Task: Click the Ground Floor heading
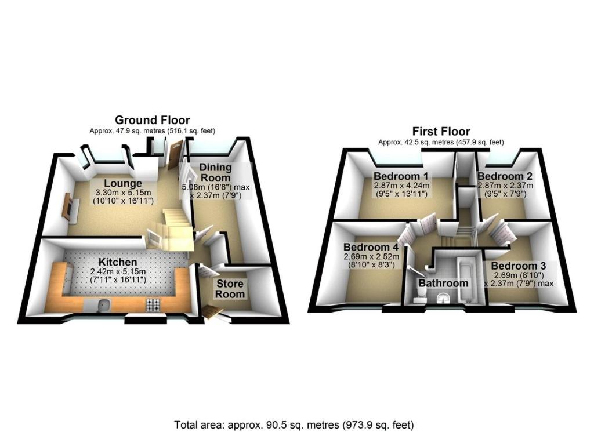click(153, 120)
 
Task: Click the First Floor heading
click(441, 132)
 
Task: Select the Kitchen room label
click(118, 262)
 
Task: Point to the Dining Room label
click(216, 172)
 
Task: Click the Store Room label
click(230, 289)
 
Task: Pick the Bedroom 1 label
click(401, 176)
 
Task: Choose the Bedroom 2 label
click(505, 176)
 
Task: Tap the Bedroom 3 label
click(518, 266)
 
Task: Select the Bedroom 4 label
click(371, 247)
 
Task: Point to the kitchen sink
click(103, 304)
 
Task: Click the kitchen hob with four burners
click(153, 305)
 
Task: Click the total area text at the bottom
click(294, 425)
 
